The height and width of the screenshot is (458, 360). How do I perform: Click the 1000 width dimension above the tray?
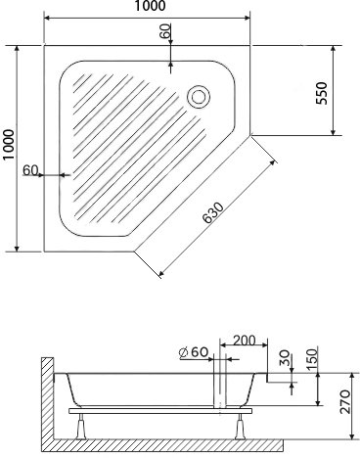(151, 6)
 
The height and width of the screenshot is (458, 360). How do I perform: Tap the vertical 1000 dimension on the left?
(9, 144)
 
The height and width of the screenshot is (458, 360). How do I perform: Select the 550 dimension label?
(322, 93)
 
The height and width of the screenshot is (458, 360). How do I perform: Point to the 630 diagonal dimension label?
(213, 212)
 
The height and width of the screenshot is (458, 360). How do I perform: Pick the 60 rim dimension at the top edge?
(165, 31)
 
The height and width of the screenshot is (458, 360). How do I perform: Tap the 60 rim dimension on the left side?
(30, 170)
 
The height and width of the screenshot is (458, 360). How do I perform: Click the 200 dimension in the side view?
(245, 341)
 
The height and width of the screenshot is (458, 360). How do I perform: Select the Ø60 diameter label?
(194, 352)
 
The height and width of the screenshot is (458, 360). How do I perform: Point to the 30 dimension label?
(284, 357)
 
